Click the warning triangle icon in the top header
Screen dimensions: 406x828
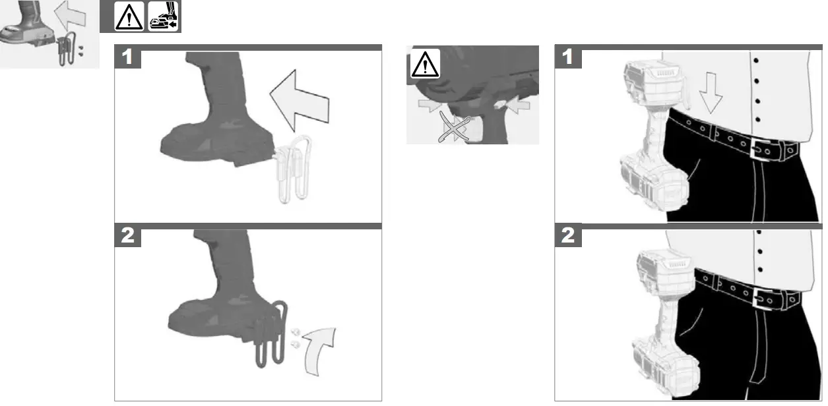click(128, 18)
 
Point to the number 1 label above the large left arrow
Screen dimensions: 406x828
click(128, 57)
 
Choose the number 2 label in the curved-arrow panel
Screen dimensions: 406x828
click(128, 236)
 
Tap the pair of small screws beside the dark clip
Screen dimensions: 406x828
click(294, 337)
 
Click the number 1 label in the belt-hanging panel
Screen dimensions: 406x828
click(568, 57)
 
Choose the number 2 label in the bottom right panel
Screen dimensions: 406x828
click(568, 236)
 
